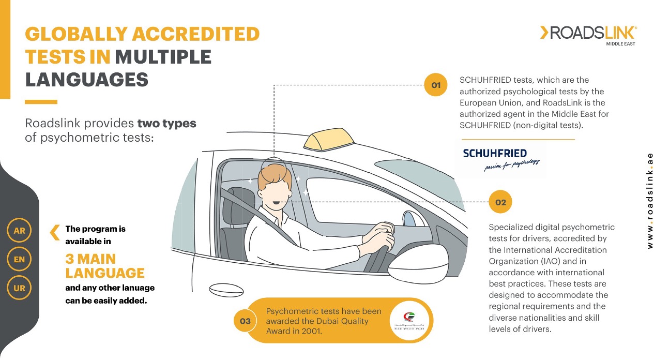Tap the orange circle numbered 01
pyautogui.click(x=436, y=85)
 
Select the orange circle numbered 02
pyautogui.click(x=500, y=202)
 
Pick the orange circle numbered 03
pyautogui.click(x=245, y=321)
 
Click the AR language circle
pyautogui.click(x=19, y=231)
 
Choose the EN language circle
pyautogui.click(x=19, y=260)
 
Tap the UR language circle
pyautogui.click(x=19, y=288)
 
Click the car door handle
pyautogui.click(x=219, y=288)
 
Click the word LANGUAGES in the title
pyautogui.click(x=87, y=80)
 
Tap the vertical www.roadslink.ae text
pyautogui.click(x=650, y=200)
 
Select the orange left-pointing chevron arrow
pyautogui.click(x=54, y=232)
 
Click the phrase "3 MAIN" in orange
pyautogui.click(x=90, y=259)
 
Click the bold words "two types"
pyautogui.click(x=166, y=124)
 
